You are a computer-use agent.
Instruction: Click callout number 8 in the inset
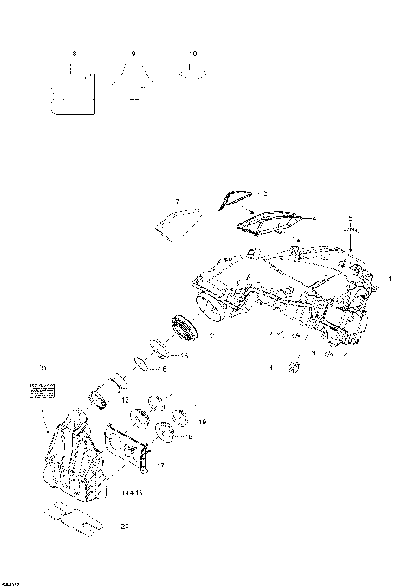[75, 54]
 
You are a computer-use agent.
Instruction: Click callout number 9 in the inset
[133, 54]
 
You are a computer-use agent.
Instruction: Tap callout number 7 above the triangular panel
[177, 200]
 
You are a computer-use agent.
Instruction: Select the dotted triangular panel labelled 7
[179, 222]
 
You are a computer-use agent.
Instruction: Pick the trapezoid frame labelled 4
[268, 223]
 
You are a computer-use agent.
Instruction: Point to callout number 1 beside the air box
[390, 279]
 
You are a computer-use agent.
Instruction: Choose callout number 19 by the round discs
[203, 422]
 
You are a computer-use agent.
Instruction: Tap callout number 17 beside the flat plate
[160, 466]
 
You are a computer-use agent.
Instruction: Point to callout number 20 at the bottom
[124, 526]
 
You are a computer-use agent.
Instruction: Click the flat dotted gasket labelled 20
[74, 517]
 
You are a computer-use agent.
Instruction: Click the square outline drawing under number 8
[74, 93]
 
